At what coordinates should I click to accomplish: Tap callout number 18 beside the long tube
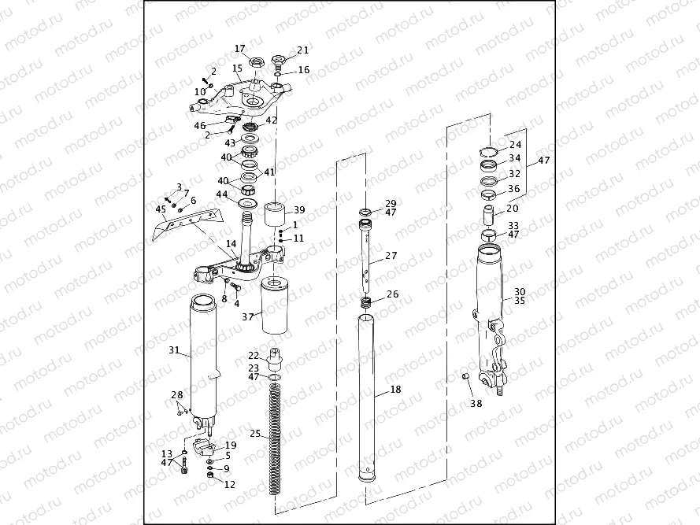pyautogui.click(x=394, y=390)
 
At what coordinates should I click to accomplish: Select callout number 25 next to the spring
pyautogui.click(x=254, y=434)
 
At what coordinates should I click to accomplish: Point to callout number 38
pyautogui.click(x=476, y=404)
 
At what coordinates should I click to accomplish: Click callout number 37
pyautogui.click(x=247, y=316)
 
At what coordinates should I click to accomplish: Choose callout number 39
pyautogui.click(x=298, y=210)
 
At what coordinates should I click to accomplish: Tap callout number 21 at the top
pyautogui.click(x=303, y=50)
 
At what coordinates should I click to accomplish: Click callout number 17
pyautogui.click(x=240, y=49)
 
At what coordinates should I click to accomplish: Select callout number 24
pyautogui.click(x=515, y=145)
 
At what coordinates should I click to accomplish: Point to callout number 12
pyautogui.click(x=229, y=485)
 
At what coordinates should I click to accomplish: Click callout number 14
pyautogui.click(x=231, y=244)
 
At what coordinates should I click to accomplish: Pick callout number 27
pyautogui.click(x=391, y=257)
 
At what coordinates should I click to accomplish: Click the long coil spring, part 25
pyautogui.click(x=275, y=441)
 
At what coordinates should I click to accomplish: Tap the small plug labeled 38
pyautogui.click(x=465, y=379)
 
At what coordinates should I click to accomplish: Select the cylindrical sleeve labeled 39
pyautogui.click(x=275, y=215)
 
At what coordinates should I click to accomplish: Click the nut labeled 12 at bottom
pyautogui.click(x=209, y=479)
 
